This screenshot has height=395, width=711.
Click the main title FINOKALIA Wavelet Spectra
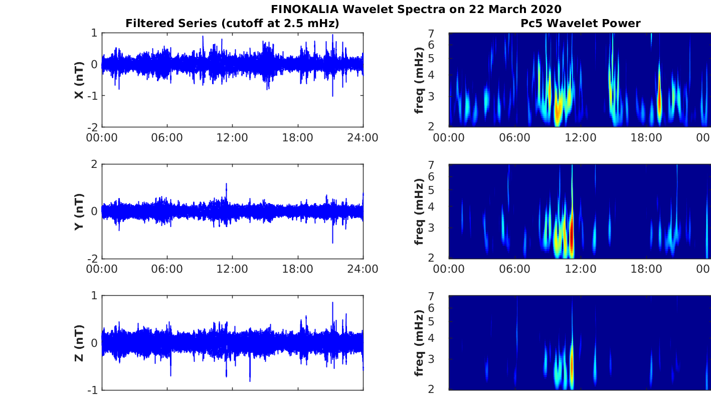416,9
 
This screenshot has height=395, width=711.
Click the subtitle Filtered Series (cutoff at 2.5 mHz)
232,23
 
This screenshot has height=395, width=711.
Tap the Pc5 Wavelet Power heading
580,23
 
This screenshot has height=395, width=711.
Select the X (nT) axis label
79,80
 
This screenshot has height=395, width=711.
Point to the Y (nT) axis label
79,212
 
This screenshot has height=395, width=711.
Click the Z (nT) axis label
79,343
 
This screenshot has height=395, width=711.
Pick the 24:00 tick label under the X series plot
363,138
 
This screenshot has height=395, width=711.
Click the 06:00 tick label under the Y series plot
167,269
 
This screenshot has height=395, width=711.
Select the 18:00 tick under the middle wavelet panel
646,269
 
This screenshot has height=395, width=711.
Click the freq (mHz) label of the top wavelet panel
419,80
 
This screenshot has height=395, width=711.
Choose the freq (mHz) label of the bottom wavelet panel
419,343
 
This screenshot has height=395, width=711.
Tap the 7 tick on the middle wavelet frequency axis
441,165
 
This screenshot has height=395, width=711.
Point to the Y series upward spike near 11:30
227,186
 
